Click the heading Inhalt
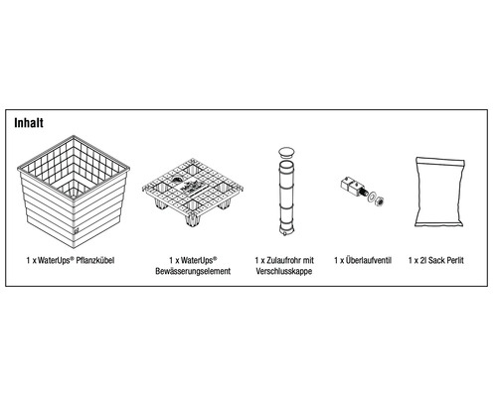29,123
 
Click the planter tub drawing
74,192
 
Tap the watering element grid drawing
193,192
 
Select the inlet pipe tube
286,198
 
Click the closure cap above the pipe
286,152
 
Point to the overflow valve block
349,186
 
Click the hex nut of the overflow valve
380,199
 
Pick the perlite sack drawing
439,192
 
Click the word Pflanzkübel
95,261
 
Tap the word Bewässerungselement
193,271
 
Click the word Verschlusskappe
284,271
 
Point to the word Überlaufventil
369,260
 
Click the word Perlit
455,260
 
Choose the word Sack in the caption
435,260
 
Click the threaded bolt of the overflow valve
363,192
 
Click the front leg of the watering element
192,220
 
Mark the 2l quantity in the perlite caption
422,260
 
